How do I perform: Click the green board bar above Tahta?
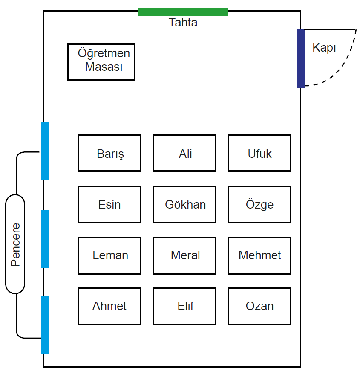point(183,12)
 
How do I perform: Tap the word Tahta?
point(183,23)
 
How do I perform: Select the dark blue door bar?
point(300,59)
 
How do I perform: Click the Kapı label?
point(324,48)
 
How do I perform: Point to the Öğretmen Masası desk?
point(101,62)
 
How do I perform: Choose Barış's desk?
point(109,153)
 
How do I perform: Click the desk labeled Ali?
point(184,153)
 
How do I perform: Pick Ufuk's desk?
point(260,153)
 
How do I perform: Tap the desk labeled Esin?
point(109,204)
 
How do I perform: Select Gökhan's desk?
point(184,204)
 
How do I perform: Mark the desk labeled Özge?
point(260,204)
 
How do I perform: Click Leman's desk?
point(109,256)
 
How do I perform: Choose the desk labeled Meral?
point(184,256)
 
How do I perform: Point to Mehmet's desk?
point(260,256)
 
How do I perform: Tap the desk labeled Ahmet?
point(109,307)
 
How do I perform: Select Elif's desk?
point(184,307)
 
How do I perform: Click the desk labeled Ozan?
point(260,307)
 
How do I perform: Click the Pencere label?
point(15,244)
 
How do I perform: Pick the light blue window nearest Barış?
point(45,151)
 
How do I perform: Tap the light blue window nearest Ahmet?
point(45,325)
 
